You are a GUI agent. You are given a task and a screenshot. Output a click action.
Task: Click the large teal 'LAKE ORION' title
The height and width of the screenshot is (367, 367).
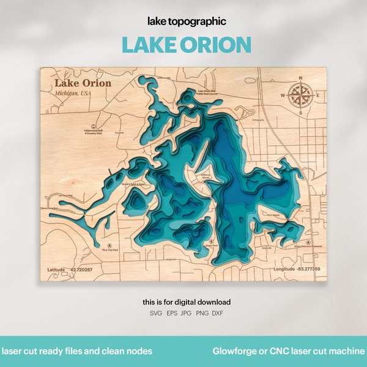pyautogui.click(x=187, y=45)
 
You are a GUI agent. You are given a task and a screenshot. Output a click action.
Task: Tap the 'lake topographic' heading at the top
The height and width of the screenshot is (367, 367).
pyautogui.click(x=187, y=21)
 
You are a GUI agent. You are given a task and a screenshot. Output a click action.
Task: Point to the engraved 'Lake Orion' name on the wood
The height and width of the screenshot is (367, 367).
pyautogui.click(x=83, y=83)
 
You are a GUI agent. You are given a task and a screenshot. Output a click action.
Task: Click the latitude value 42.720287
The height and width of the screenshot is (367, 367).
pyautogui.click(x=81, y=269)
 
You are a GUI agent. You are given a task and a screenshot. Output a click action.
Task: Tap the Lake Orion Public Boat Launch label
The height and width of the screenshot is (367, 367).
pyautogui.click(x=206, y=94)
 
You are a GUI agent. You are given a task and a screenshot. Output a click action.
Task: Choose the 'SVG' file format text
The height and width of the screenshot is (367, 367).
pyautogui.click(x=157, y=313)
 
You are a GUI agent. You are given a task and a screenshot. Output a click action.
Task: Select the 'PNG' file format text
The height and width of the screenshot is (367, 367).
pyautogui.click(x=202, y=313)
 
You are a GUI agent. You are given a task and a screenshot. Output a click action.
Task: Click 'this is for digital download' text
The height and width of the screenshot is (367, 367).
pyautogui.click(x=187, y=302)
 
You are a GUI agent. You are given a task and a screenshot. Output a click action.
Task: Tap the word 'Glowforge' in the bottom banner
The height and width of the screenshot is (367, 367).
pyautogui.click(x=234, y=351)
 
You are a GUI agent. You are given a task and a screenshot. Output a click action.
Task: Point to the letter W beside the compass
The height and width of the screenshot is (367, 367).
pyautogui.click(x=283, y=96)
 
